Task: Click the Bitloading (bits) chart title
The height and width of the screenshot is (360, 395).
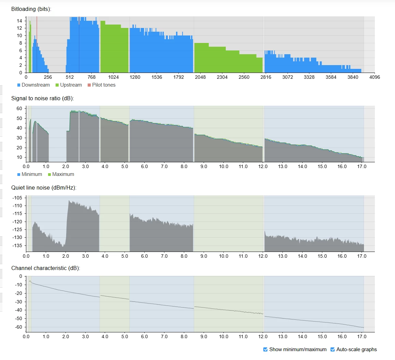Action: click(31, 9)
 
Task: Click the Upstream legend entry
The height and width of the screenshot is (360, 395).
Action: click(69, 85)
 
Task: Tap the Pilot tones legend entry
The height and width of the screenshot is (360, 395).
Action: click(101, 85)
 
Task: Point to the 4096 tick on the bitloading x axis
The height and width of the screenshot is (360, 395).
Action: click(375, 77)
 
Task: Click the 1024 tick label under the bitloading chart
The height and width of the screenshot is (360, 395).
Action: click(113, 77)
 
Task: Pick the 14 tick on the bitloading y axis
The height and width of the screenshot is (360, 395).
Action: click(19, 21)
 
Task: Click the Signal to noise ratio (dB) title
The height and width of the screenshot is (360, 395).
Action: click(42, 99)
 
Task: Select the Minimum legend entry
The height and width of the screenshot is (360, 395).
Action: click(30, 174)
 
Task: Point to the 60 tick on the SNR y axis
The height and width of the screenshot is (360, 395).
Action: click(19, 108)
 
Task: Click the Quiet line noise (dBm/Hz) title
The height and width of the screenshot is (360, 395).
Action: click(44, 188)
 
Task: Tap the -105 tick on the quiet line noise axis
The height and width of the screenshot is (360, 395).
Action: click(17, 198)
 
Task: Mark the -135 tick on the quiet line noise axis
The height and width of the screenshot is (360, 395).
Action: click(17, 245)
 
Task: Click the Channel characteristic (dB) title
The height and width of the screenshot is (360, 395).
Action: click(45, 268)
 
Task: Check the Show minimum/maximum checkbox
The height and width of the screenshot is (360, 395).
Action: click(265, 349)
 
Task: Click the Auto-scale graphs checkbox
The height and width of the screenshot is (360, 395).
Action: click(333, 349)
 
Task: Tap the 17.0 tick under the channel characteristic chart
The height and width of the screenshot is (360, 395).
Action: click(362, 336)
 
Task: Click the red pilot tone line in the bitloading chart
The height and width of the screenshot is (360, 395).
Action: click(37, 27)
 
